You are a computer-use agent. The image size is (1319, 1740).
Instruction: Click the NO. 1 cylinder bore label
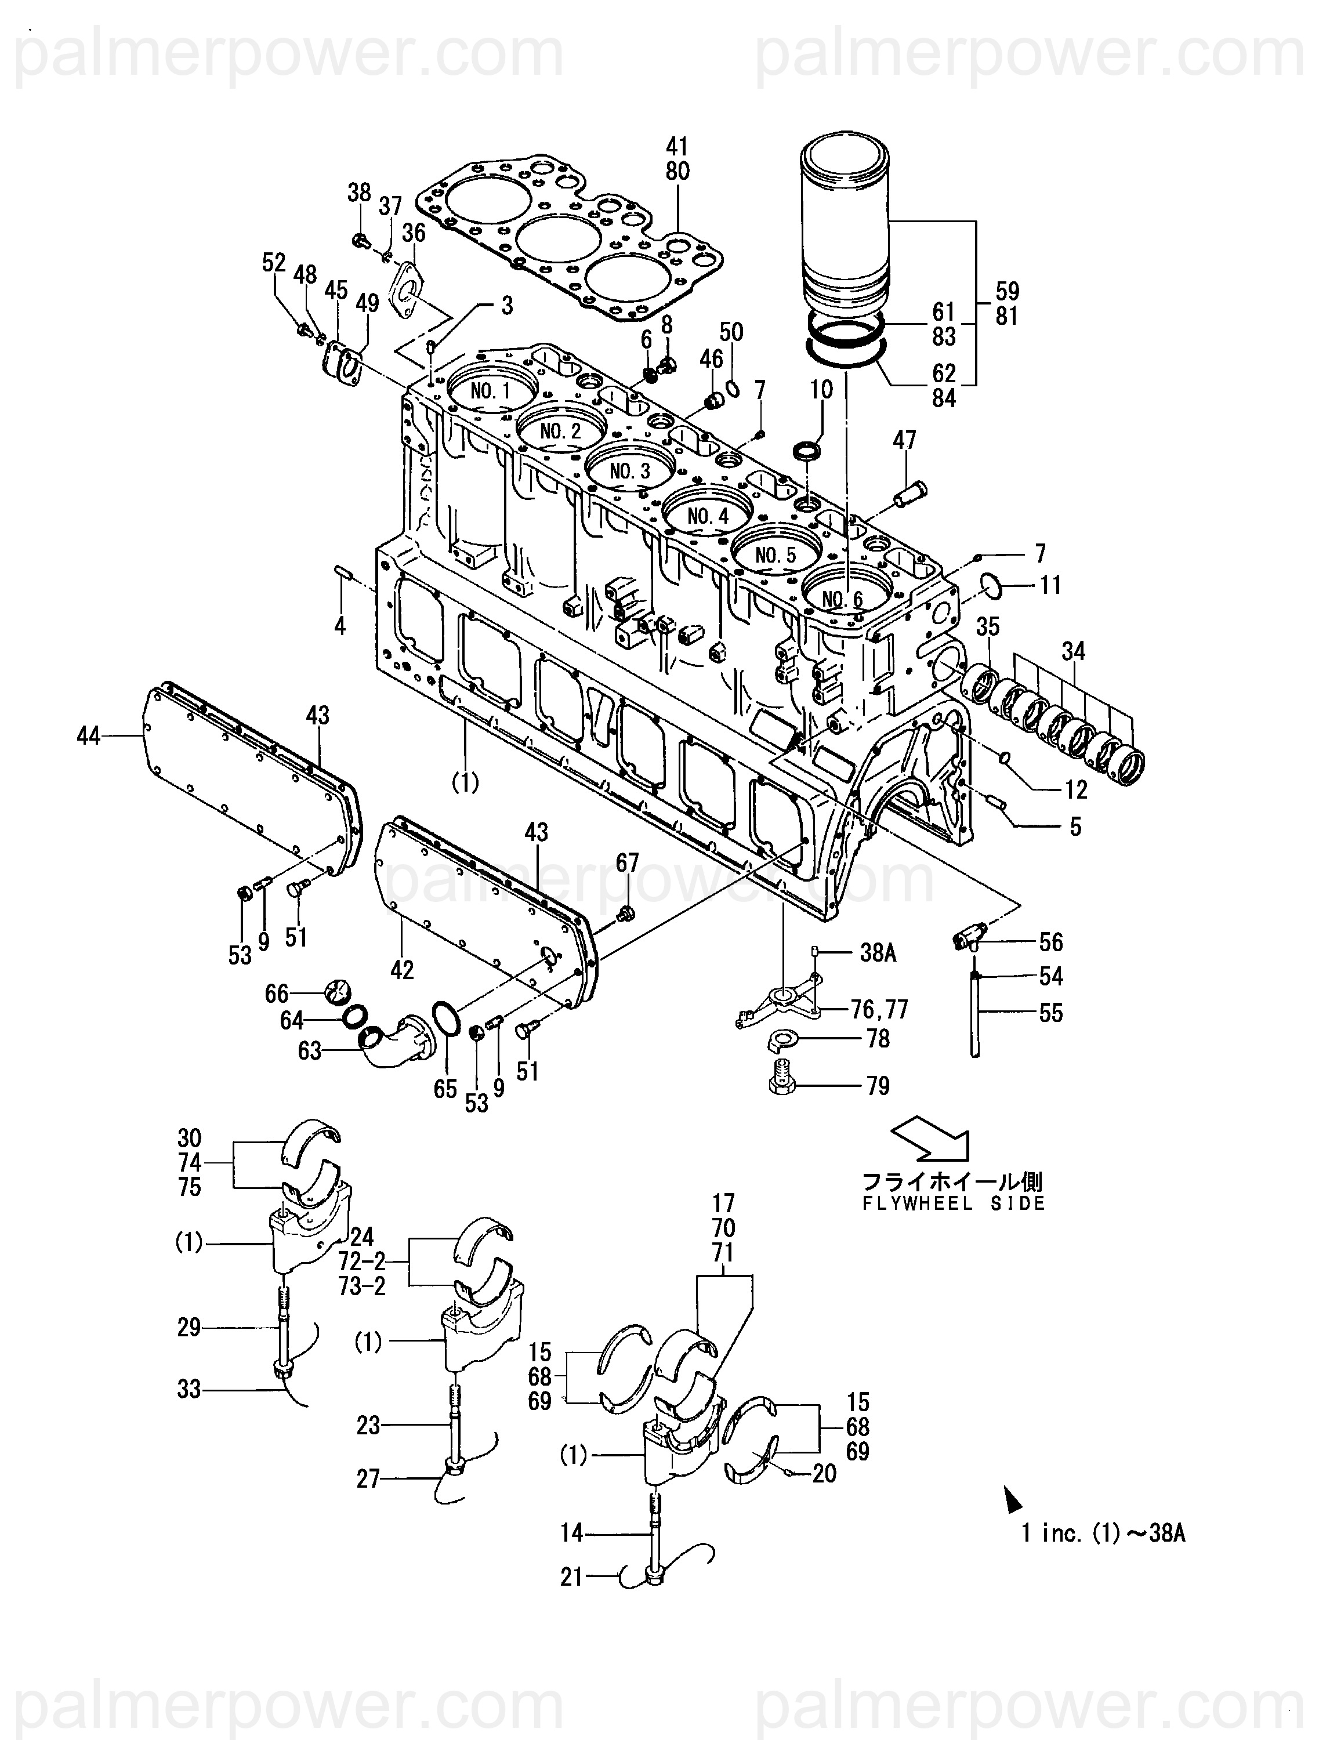point(491,391)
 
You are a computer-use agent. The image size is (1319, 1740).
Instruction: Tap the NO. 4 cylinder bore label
point(708,516)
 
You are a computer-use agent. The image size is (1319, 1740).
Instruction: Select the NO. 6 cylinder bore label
point(842,599)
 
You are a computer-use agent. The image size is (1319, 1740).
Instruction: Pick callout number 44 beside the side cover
point(88,736)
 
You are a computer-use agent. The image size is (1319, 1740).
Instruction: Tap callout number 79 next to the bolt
point(878,1086)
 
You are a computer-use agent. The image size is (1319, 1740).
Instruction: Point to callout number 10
point(821,389)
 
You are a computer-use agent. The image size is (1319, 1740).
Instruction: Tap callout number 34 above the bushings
point(1074,651)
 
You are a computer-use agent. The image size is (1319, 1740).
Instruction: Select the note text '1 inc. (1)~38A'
point(1103,1532)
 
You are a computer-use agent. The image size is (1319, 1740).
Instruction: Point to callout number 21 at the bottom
point(572,1577)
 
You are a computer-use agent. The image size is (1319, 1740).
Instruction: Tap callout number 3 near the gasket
point(508,306)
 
